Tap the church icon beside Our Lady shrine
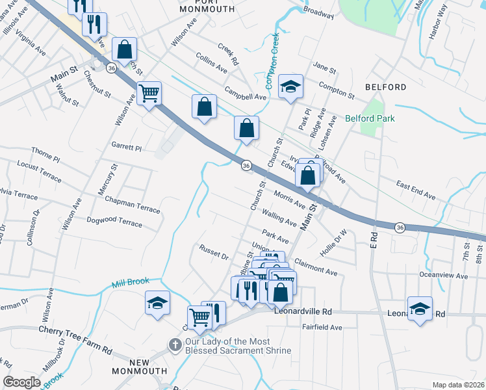tap(174, 345)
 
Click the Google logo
tap(21, 382)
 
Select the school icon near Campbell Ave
tap(290, 86)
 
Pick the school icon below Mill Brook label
tap(157, 303)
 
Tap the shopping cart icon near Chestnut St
tap(149, 94)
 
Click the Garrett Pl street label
tap(126, 148)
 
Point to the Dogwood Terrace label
tap(114, 222)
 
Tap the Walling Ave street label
tap(279, 217)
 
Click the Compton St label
tap(336, 92)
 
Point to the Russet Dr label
tap(214, 252)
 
